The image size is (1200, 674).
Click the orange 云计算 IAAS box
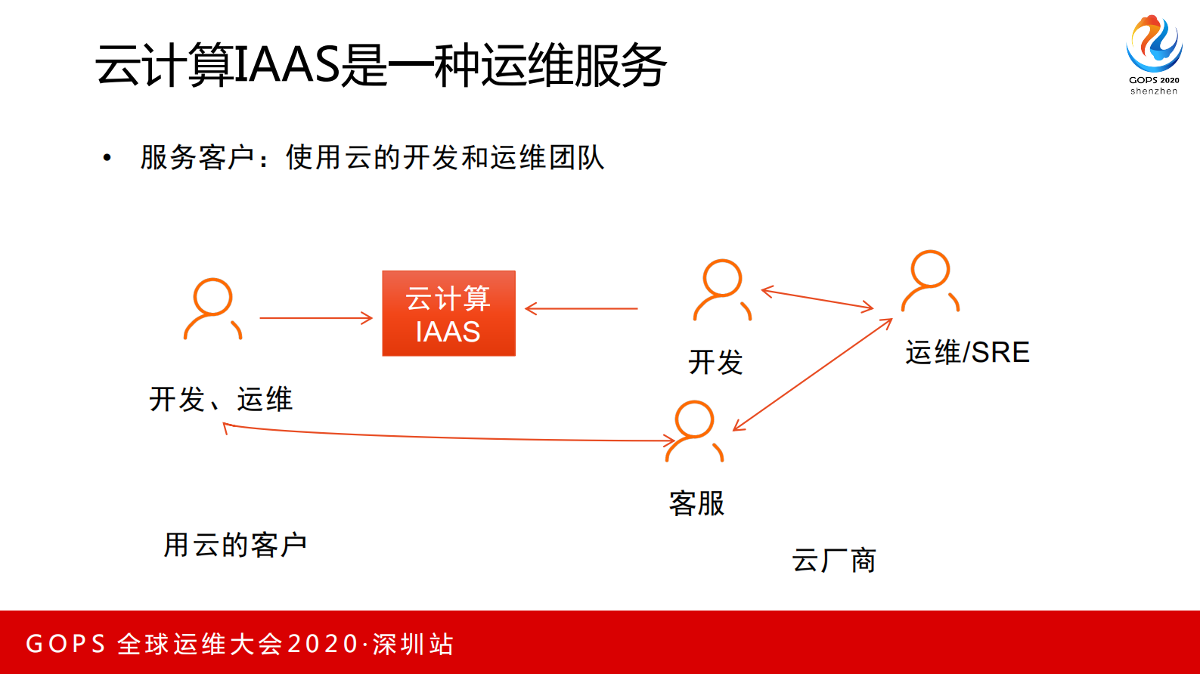(x=448, y=314)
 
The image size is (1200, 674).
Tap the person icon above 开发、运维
(x=212, y=308)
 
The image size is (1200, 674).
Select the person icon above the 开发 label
(x=722, y=289)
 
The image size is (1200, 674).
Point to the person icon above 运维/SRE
(x=930, y=280)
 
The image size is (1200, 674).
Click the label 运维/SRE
(x=967, y=352)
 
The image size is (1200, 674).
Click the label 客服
(x=696, y=503)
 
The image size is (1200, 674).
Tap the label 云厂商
(x=833, y=561)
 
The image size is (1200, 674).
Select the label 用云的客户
(x=235, y=545)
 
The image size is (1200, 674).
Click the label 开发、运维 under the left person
(x=221, y=399)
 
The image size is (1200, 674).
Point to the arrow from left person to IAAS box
(x=316, y=318)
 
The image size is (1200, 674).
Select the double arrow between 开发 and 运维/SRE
(x=817, y=299)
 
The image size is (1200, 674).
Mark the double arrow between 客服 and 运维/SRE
(x=813, y=375)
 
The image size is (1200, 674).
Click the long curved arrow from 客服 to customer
(x=446, y=437)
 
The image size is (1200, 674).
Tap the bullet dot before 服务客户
(x=107, y=158)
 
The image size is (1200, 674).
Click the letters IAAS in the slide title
(x=287, y=65)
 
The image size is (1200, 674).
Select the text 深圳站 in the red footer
(x=413, y=644)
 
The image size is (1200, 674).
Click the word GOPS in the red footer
(x=66, y=644)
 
